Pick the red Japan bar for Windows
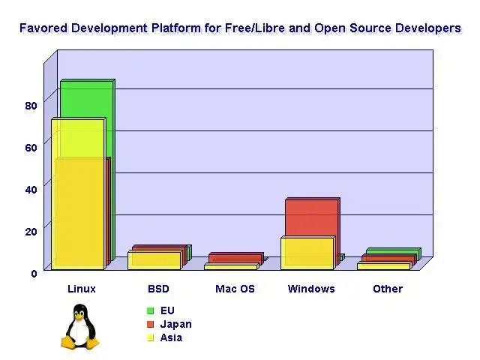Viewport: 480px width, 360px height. click(x=311, y=216)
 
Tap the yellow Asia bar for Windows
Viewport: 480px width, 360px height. click(x=307, y=253)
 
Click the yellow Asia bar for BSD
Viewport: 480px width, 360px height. click(x=154, y=260)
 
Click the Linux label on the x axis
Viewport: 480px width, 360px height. click(x=82, y=289)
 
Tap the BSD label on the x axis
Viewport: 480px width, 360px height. click(x=158, y=289)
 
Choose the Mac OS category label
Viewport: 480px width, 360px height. click(x=235, y=289)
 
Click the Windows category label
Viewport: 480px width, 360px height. click(x=311, y=289)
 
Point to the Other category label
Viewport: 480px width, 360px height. click(x=388, y=289)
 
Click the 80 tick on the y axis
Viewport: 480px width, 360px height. click(x=30, y=105)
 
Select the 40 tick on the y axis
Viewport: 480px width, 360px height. click(x=30, y=189)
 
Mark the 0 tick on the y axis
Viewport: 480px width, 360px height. click(x=34, y=273)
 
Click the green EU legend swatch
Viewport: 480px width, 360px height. click(x=150, y=310)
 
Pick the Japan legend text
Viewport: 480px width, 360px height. click(x=176, y=324)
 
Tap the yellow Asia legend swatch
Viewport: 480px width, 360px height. click(x=150, y=337)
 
